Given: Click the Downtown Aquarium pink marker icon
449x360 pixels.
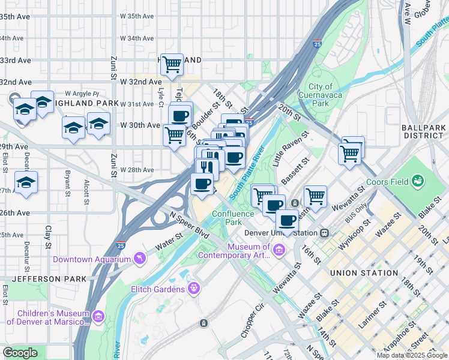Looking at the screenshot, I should (x=140, y=259).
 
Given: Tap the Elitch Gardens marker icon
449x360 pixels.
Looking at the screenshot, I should (x=194, y=289).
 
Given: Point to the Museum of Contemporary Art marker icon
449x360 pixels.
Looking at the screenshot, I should (x=279, y=249).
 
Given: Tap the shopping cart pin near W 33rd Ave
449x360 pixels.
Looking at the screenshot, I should (x=172, y=64).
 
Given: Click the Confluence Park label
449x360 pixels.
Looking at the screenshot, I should (x=226, y=217).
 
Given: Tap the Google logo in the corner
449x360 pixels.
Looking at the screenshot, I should (x=20, y=353).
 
